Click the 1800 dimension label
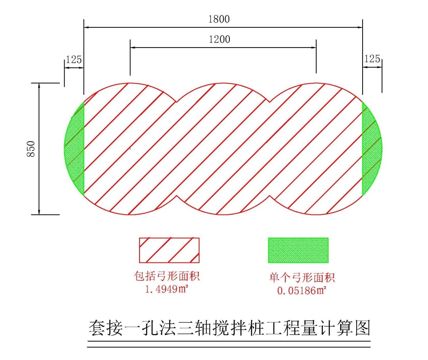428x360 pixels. [x=219, y=19]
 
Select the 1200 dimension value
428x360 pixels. [x=220, y=39]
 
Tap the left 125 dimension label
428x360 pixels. [x=74, y=59]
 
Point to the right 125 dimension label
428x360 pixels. [x=372, y=59]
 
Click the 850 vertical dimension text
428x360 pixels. [x=31, y=149]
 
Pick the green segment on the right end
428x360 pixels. [x=371, y=149]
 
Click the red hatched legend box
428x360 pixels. [x=169, y=250]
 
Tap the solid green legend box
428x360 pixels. [x=298, y=250]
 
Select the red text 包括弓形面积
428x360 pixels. [x=167, y=276]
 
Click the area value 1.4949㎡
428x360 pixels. [x=166, y=289]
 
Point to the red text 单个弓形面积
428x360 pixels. [x=302, y=278]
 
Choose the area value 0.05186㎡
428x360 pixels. [x=302, y=290]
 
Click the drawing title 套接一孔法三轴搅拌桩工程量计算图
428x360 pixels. [x=229, y=328]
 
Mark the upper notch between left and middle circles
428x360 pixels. [x=177, y=102]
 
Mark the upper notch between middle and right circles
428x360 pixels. [x=270, y=102]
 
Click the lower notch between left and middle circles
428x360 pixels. [x=177, y=195]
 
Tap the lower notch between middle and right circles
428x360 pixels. [x=270, y=195]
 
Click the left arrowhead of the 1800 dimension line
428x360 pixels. [x=86, y=27]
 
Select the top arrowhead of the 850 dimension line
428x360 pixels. [x=39, y=85]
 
